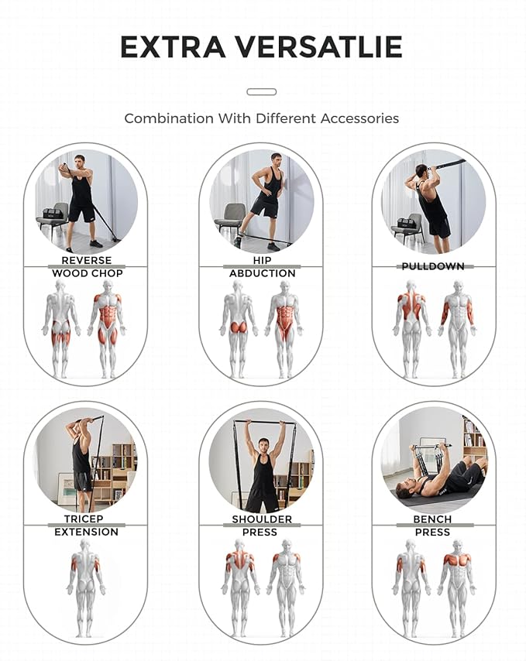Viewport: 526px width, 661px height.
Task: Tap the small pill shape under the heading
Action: point(261,92)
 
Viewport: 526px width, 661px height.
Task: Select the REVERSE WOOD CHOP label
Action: point(87,267)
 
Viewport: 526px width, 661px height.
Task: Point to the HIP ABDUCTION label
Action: point(261,267)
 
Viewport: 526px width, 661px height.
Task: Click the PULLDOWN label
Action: point(433,266)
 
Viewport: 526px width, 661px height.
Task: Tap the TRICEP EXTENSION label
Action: point(86,526)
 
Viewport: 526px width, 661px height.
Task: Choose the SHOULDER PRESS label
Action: point(261,526)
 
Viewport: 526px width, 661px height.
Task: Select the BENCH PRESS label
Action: point(432,526)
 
